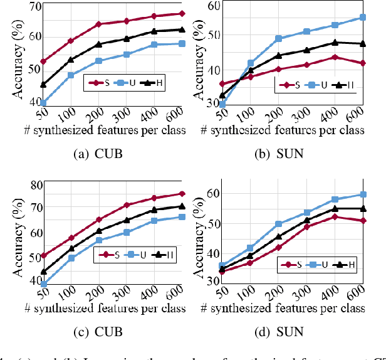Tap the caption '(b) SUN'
pyautogui.click(x=279, y=151)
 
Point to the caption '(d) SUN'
pyautogui.click(x=279, y=332)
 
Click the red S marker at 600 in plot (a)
pyautogui.click(x=182, y=13)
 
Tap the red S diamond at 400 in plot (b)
pyautogui.click(x=335, y=57)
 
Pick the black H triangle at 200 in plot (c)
pyautogui.click(x=98, y=231)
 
